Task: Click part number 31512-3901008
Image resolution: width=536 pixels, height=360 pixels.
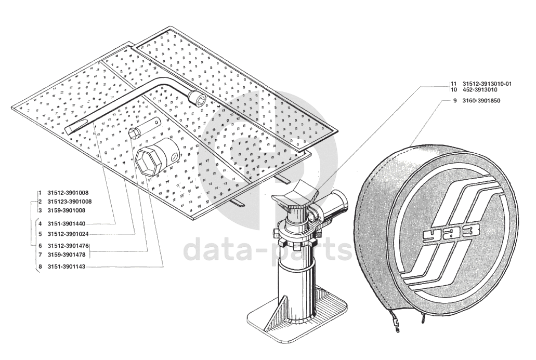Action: [x=68, y=193]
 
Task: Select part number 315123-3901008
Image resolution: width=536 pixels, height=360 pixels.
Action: [x=69, y=202]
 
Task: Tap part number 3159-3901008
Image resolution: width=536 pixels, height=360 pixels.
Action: [x=67, y=210]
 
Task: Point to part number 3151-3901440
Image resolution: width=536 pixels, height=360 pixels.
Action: [x=67, y=224]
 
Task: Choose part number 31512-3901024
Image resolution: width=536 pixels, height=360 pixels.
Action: [x=68, y=234]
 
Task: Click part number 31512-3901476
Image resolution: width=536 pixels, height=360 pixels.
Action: [x=68, y=246]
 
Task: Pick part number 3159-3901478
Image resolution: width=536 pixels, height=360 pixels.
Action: [x=67, y=255]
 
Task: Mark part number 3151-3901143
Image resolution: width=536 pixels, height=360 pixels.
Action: [x=67, y=266]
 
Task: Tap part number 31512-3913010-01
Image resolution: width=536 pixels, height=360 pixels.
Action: [x=487, y=84]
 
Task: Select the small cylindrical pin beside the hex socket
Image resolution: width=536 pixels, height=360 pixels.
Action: [x=145, y=127]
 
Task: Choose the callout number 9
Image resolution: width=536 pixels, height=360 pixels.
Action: [x=455, y=101]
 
